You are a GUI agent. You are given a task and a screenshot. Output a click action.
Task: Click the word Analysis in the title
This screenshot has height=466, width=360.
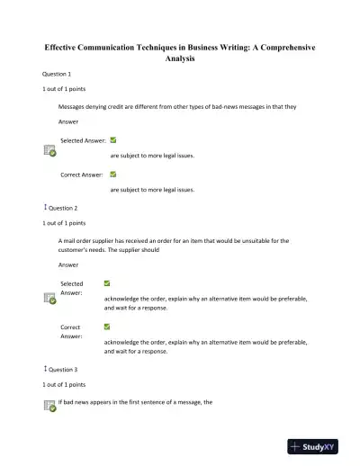point(180,58)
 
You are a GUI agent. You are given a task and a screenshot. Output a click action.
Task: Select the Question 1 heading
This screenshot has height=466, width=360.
point(57,74)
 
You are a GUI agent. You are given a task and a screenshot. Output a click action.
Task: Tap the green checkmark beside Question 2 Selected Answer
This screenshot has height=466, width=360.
point(108,282)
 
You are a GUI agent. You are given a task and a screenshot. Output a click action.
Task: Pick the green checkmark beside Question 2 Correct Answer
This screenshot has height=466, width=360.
point(108,327)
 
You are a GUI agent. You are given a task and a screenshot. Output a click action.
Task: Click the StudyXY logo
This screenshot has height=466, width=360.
point(319,445)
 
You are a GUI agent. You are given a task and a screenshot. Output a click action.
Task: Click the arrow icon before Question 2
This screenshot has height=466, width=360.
point(45,207)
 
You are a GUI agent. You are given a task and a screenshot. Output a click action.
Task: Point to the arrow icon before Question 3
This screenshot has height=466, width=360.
point(45,369)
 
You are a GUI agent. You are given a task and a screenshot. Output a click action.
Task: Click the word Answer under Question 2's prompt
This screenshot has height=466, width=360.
point(68,264)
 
